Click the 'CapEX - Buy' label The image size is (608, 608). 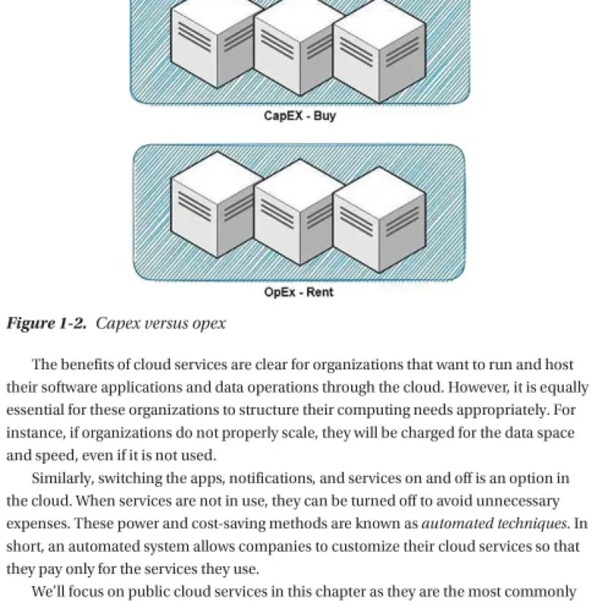click(x=299, y=116)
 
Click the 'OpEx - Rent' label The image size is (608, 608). click(x=299, y=292)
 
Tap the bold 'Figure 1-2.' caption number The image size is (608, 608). click(x=46, y=324)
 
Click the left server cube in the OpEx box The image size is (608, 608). click(x=217, y=204)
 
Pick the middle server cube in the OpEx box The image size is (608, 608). click(x=299, y=213)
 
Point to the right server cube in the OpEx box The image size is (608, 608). click(x=379, y=220)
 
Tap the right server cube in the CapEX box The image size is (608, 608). click(x=379, y=51)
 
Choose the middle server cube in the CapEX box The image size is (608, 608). click(x=299, y=46)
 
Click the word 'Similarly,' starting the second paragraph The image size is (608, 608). click(x=63, y=479)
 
